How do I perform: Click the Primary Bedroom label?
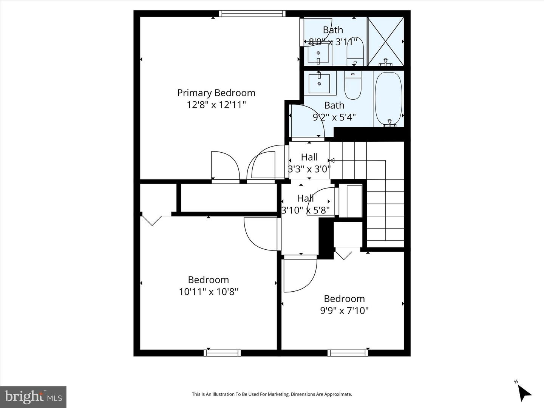coord(216,93)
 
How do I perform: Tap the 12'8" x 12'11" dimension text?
coord(216,105)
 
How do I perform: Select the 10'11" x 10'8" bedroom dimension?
coord(209,292)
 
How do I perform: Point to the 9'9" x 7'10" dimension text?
coord(344,311)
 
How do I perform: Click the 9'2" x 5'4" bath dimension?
coord(334,117)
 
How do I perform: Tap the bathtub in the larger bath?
coord(388,98)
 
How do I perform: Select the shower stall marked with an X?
coord(385,41)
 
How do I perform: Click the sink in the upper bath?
coord(318,54)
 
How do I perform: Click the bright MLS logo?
coord(33,397)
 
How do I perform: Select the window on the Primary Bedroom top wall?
coord(252,14)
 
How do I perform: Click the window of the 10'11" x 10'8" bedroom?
coord(222,353)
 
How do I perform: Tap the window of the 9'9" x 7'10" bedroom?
coord(348,353)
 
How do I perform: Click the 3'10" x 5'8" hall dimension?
coord(305,210)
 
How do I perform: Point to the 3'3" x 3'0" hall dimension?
coord(309,169)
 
